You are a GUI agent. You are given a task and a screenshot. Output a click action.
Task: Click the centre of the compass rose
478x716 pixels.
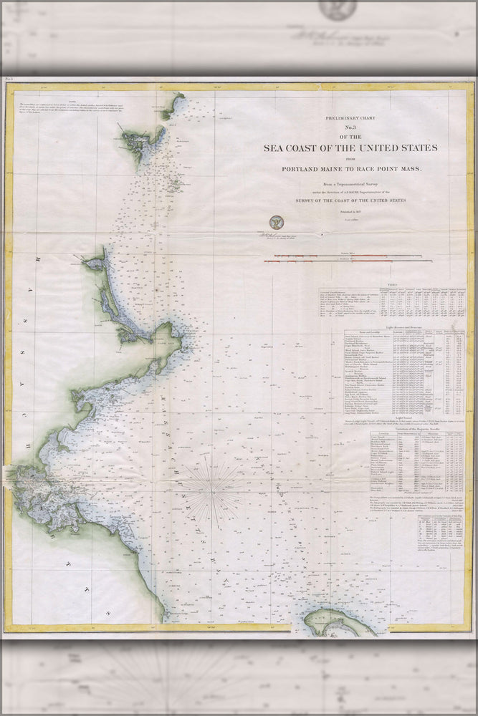click(211, 489)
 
